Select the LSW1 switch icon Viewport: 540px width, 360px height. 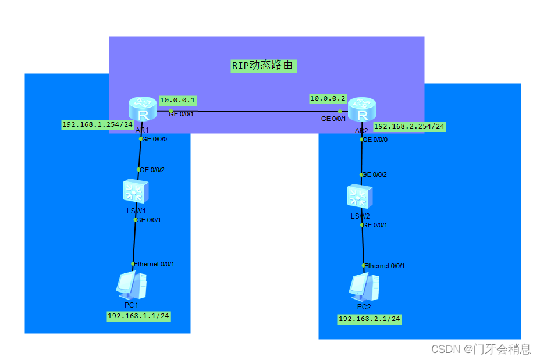[x=136, y=191]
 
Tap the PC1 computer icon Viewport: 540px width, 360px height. [x=132, y=285]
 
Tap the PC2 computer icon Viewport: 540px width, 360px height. [x=364, y=286]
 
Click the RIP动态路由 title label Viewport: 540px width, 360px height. [x=264, y=65]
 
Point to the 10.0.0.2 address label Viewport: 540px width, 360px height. [x=328, y=99]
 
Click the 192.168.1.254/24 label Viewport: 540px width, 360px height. [x=98, y=124]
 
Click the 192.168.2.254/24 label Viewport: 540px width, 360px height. [x=410, y=126]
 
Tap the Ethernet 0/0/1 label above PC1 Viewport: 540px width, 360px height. [x=154, y=264]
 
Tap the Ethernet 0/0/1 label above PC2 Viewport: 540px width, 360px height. [x=385, y=266]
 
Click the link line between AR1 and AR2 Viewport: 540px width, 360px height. [x=256, y=111]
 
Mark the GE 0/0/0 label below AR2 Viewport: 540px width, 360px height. [x=375, y=140]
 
